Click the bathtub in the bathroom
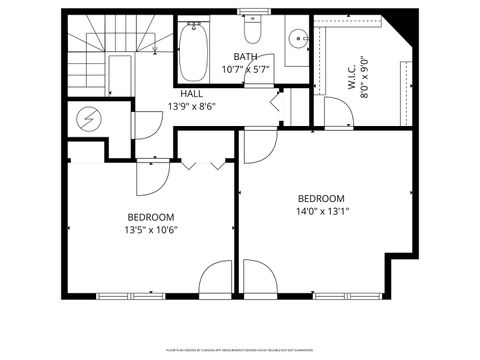click(x=194, y=51)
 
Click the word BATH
click(x=246, y=57)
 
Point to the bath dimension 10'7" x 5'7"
click(x=246, y=70)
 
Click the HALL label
click(x=192, y=93)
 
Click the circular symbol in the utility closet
click(x=85, y=118)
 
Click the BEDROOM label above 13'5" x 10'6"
click(x=151, y=217)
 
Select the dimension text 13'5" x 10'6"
click(x=151, y=230)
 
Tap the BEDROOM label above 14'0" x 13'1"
click(x=321, y=198)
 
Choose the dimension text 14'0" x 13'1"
click(x=321, y=211)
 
